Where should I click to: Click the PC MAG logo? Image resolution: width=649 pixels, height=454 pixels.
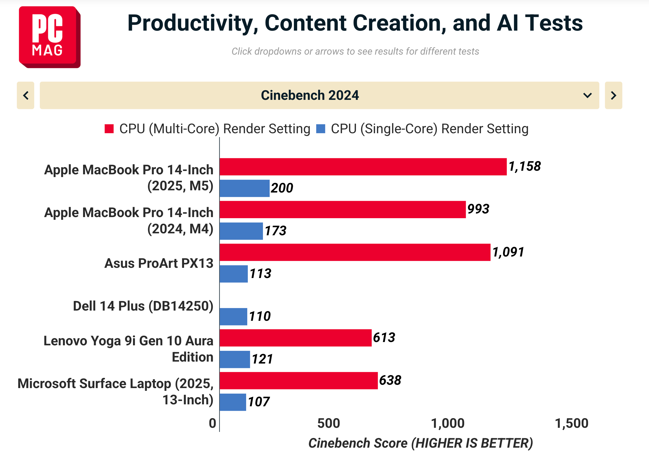(49, 37)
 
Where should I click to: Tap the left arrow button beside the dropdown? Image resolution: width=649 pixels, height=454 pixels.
(25, 95)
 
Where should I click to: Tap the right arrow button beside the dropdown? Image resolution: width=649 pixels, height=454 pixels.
(613, 95)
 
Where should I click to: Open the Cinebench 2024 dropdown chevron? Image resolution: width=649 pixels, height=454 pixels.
(587, 95)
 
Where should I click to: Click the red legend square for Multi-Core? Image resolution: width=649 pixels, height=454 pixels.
(109, 129)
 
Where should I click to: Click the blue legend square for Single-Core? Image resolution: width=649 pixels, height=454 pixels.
(320, 129)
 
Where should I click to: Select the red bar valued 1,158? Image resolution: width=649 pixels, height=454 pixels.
(363, 167)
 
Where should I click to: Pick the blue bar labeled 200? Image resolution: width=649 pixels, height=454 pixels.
(244, 188)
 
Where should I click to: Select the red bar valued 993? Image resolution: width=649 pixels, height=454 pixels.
(342, 209)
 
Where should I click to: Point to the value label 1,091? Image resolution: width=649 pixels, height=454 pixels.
(508, 252)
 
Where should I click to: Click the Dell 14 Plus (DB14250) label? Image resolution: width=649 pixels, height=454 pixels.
(143, 306)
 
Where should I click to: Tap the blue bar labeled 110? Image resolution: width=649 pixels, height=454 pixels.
(233, 316)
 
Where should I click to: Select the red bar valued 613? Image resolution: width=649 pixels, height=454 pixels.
(295, 338)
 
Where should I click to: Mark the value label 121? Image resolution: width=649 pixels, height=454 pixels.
(262, 359)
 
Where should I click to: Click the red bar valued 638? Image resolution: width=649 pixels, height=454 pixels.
(299, 380)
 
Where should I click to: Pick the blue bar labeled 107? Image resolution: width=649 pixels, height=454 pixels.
(233, 402)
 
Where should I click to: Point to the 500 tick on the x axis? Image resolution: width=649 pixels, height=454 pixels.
(328, 423)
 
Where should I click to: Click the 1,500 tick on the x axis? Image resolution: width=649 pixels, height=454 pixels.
(571, 423)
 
